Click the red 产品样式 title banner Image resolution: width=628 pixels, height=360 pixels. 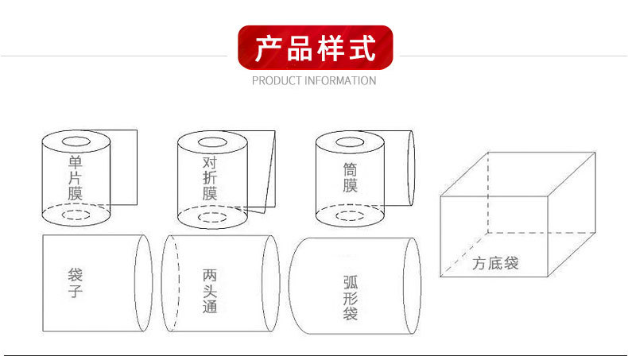(316, 47)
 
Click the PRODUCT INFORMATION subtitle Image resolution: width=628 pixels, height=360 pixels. (314, 80)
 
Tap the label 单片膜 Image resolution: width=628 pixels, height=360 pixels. (76, 177)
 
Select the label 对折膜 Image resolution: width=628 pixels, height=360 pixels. (210, 178)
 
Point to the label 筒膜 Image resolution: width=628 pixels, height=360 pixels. (350, 177)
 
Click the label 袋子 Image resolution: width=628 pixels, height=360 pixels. (76, 282)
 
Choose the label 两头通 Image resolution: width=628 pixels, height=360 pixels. (210, 291)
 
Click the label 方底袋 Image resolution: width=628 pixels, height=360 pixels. (495, 264)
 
